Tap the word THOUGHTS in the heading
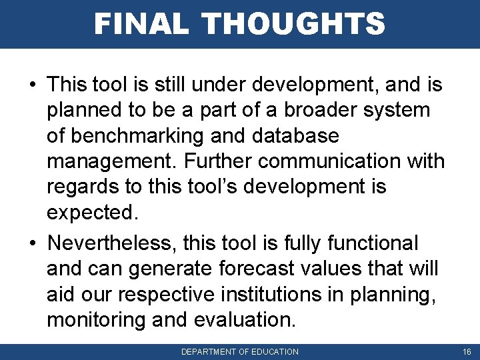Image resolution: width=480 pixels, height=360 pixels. click(x=294, y=24)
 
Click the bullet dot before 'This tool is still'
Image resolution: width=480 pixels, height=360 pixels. click(x=32, y=85)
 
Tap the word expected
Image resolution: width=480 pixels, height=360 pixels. click(x=91, y=212)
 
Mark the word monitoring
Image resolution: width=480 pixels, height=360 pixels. click(x=97, y=320)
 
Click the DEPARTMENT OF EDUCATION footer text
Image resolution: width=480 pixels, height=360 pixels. click(x=240, y=351)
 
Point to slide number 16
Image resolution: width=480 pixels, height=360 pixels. click(x=466, y=351)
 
